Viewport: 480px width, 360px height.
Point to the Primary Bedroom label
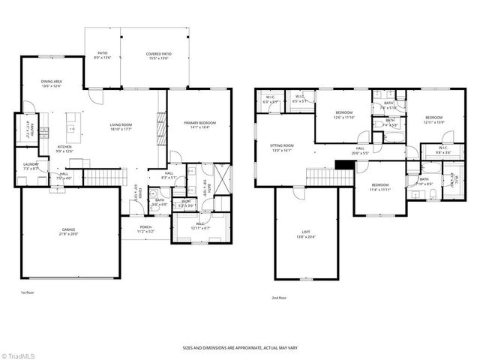tap(197, 124)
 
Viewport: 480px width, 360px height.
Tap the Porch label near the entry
tap(145, 229)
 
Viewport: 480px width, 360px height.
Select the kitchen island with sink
tap(73, 119)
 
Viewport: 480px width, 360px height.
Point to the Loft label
tap(300, 235)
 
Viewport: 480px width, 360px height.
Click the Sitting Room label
tap(282, 148)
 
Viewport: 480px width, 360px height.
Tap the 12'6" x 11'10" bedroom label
tap(344, 115)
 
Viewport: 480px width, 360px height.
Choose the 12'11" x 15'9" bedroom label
tap(434, 119)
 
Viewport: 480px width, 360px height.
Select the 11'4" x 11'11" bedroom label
tap(380, 187)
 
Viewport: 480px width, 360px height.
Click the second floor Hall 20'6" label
tap(360, 151)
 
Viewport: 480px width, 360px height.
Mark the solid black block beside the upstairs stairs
tap(343, 165)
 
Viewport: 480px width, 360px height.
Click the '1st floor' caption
tap(28, 292)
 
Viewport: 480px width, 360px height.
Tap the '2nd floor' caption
tap(279, 297)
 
